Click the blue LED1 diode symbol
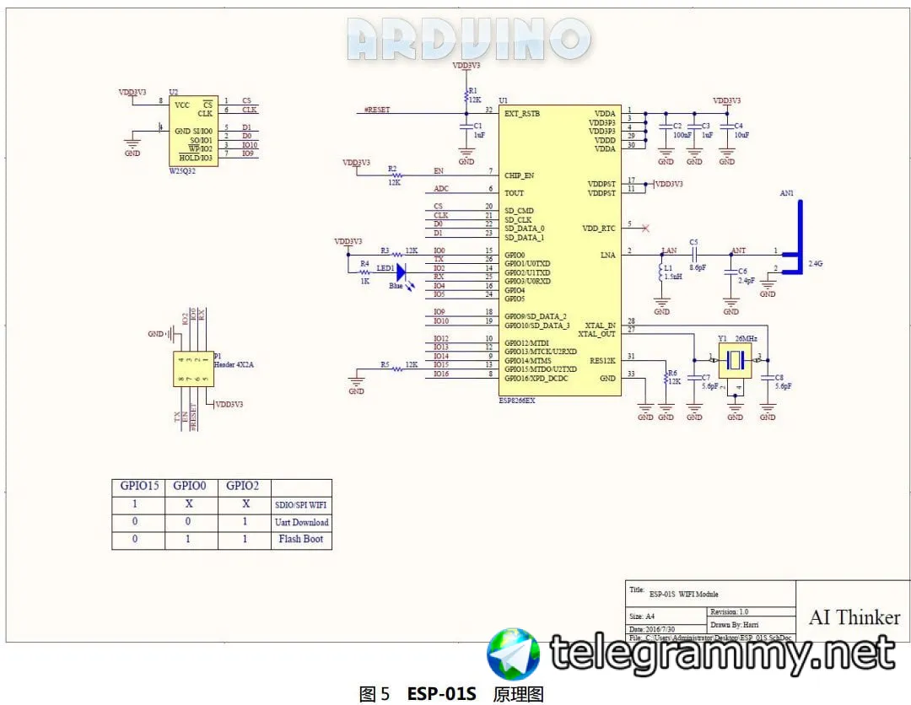(x=402, y=272)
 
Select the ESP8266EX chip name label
(x=517, y=401)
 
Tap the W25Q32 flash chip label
(x=182, y=170)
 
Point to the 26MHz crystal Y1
(x=735, y=360)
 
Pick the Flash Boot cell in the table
(x=301, y=539)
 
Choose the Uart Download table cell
(x=301, y=522)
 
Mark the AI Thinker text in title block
(x=854, y=616)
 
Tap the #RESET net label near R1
(x=376, y=110)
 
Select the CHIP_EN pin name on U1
(x=520, y=175)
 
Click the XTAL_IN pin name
(x=600, y=325)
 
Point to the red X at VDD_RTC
(x=646, y=228)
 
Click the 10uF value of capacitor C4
(x=741, y=135)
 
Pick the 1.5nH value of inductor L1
(x=671, y=277)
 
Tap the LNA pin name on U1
(x=607, y=254)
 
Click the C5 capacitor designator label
(x=694, y=241)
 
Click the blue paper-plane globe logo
(x=514, y=654)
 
